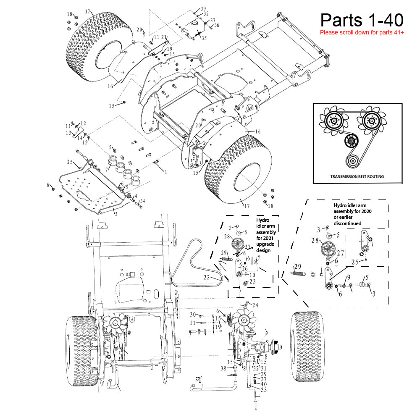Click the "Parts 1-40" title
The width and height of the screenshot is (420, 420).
click(x=362, y=20)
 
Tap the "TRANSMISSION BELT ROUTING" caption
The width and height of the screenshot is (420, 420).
click(x=357, y=177)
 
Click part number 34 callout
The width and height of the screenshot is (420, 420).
click(x=142, y=201)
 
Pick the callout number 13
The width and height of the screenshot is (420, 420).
click(x=68, y=133)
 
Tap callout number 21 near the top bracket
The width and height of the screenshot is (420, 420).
click(x=164, y=37)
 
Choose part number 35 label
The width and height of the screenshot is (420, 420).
click(x=204, y=38)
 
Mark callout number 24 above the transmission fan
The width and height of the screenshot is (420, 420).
click(x=255, y=305)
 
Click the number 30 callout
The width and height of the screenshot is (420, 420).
click(x=193, y=315)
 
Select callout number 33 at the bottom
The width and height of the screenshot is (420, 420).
click(x=263, y=390)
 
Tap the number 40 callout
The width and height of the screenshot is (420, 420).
click(x=263, y=384)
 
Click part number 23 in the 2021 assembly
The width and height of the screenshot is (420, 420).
click(x=252, y=281)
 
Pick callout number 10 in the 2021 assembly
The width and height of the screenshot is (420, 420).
click(x=252, y=275)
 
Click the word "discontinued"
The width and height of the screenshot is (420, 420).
click(x=347, y=223)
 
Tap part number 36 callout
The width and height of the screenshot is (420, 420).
click(x=217, y=25)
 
